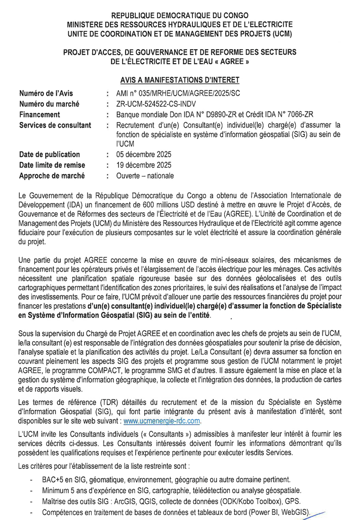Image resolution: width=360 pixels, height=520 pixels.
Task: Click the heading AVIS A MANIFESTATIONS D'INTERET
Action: point(180,79)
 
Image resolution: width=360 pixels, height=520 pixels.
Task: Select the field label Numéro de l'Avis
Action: point(46,93)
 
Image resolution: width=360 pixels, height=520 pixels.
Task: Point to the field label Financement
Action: point(39,114)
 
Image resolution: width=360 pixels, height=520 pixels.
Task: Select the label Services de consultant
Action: point(55,125)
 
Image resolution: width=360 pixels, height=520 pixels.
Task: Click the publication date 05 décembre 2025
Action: point(144,154)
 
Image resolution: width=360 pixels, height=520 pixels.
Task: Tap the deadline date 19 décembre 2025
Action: point(144,165)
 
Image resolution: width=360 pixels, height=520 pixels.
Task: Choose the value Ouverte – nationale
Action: point(145,176)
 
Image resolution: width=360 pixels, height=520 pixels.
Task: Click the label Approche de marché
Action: point(52,176)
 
